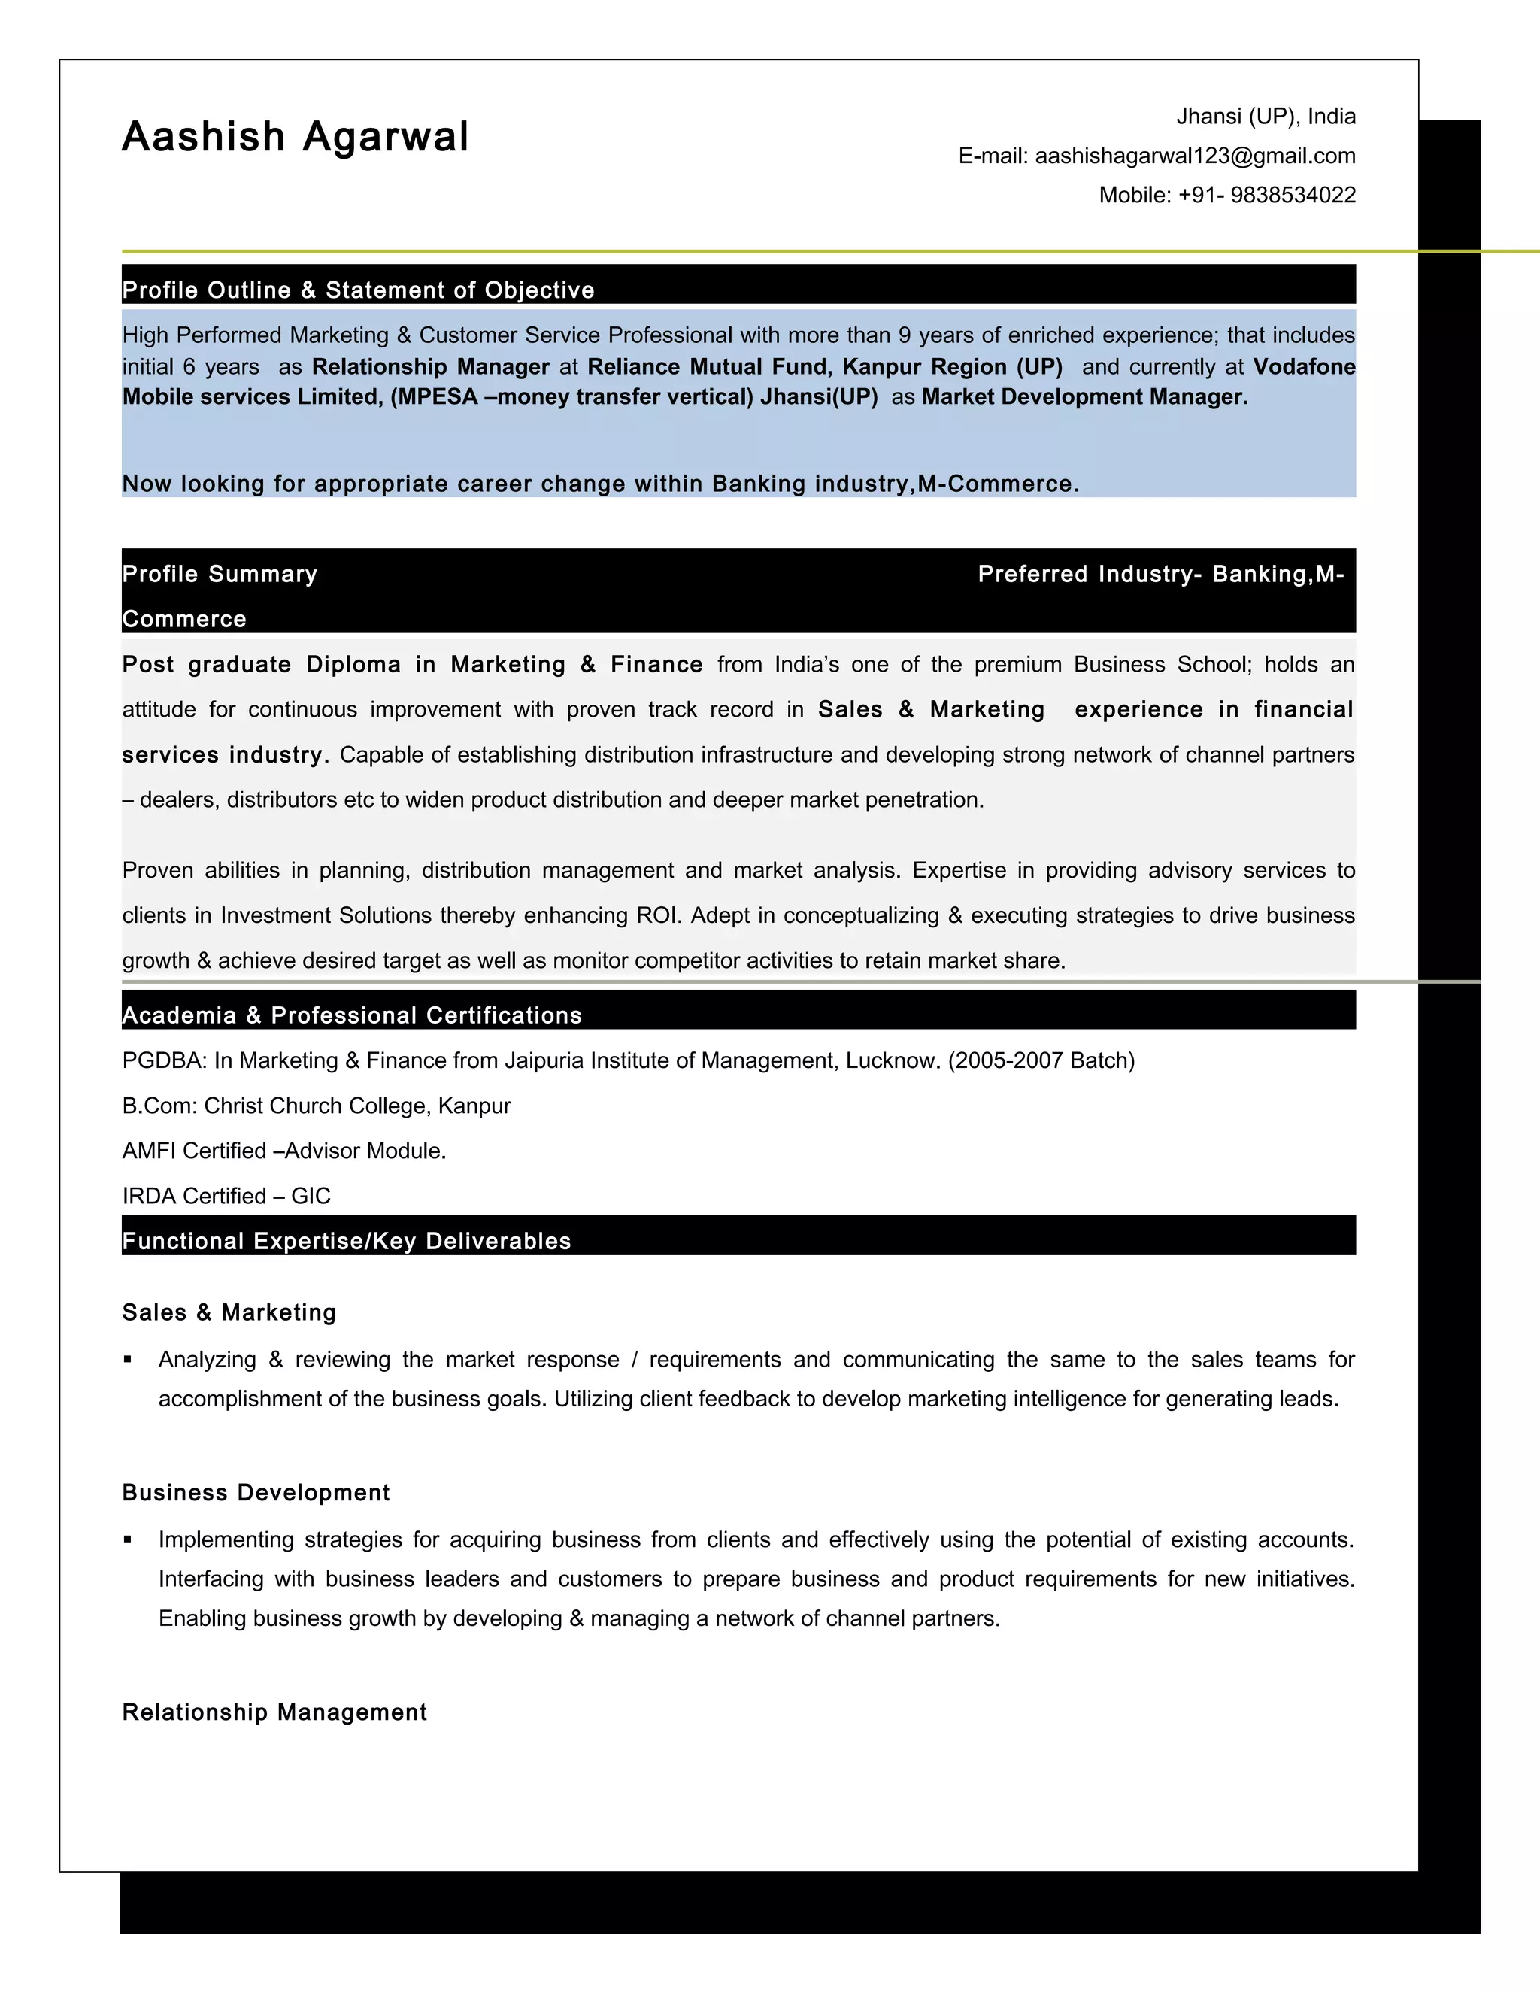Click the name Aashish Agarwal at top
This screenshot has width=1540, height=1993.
pos(295,137)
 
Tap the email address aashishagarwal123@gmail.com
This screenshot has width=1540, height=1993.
pos(1194,156)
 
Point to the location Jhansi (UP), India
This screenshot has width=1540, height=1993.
pos(1266,117)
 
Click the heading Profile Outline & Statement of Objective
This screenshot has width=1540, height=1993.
pos(358,290)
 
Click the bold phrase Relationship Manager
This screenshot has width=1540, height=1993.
pos(431,367)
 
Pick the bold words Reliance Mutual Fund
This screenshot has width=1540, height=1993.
pos(708,367)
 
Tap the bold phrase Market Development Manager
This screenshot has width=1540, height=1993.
pos(1084,397)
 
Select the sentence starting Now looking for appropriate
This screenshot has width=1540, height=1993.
pos(600,484)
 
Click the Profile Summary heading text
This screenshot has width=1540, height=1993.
pos(220,574)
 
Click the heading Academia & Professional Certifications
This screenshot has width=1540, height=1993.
pos(351,1015)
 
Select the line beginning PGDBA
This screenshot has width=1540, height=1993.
pos(628,1060)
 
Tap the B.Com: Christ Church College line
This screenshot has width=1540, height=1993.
pos(316,1106)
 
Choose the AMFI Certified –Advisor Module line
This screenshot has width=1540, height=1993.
pos(283,1151)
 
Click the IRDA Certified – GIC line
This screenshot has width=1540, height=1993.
pos(226,1196)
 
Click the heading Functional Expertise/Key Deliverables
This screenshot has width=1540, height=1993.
pos(346,1241)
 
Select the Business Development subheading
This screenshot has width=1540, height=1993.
pos(256,1493)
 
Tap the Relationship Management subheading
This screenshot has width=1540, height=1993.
pos(274,1712)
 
